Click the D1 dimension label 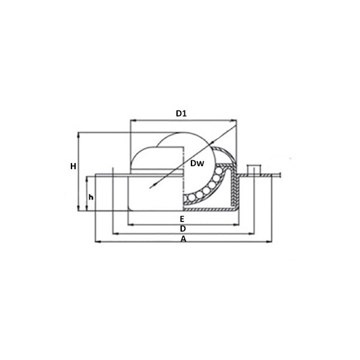pyautogui.click(x=181, y=113)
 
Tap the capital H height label pyautogui.click(x=73, y=166)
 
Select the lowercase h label pyautogui.click(x=91, y=197)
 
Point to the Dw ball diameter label pyautogui.click(x=197, y=163)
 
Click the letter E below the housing pyautogui.click(x=182, y=219)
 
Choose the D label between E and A pyautogui.click(x=183, y=229)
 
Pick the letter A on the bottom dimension pyautogui.click(x=183, y=239)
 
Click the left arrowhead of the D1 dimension pyautogui.click(x=133, y=120)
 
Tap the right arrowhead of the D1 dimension pyautogui.click(x=234, y=120)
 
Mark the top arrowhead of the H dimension pyautogui.click(x=79, y=135)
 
